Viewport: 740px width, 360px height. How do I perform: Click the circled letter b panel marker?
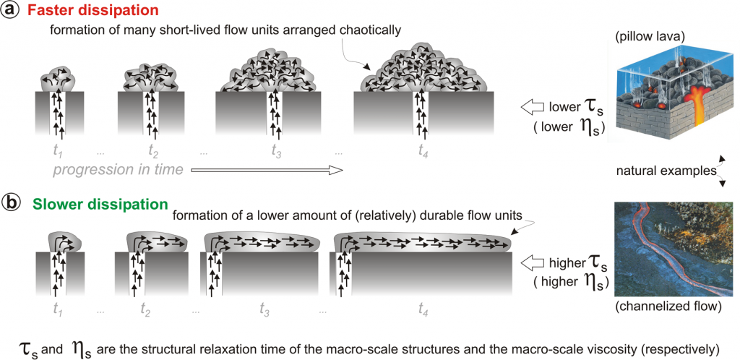pos(9,203)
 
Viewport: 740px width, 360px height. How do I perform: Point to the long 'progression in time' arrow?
pos(266,169)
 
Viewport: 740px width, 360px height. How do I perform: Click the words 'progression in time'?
pos(118,169)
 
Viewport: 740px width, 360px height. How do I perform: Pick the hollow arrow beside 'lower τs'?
pos(533,108)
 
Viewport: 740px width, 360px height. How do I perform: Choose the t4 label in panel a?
pos(423,153)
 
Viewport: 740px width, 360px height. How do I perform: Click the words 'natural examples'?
pos(666,172)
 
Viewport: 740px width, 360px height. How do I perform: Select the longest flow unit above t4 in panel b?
pos(422,241)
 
